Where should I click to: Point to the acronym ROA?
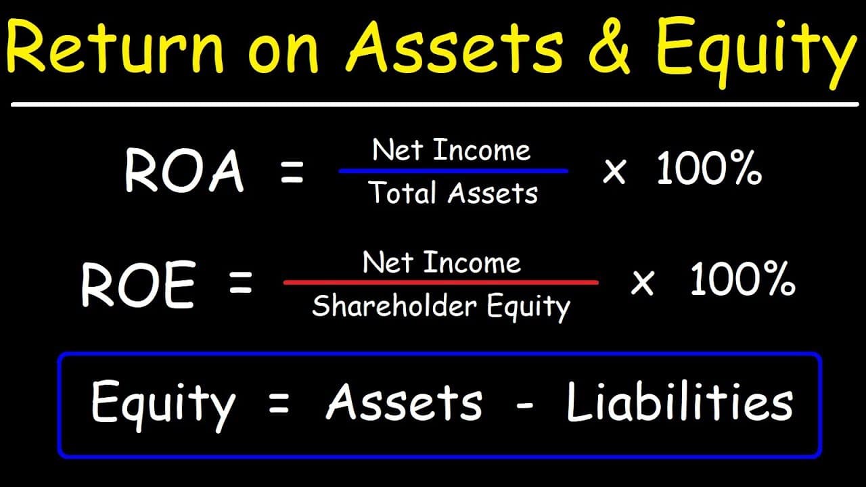[183, 171]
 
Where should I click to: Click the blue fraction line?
[453, 172]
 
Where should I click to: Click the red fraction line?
[441, 282]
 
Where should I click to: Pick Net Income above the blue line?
[451, 150]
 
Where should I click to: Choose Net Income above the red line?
[441, 262]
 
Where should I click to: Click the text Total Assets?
[453, 194]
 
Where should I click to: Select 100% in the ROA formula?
[709, 171]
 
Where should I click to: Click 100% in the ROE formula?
[742, 281]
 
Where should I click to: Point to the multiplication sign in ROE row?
[642, 284]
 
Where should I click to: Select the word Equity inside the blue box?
[162, 404]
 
